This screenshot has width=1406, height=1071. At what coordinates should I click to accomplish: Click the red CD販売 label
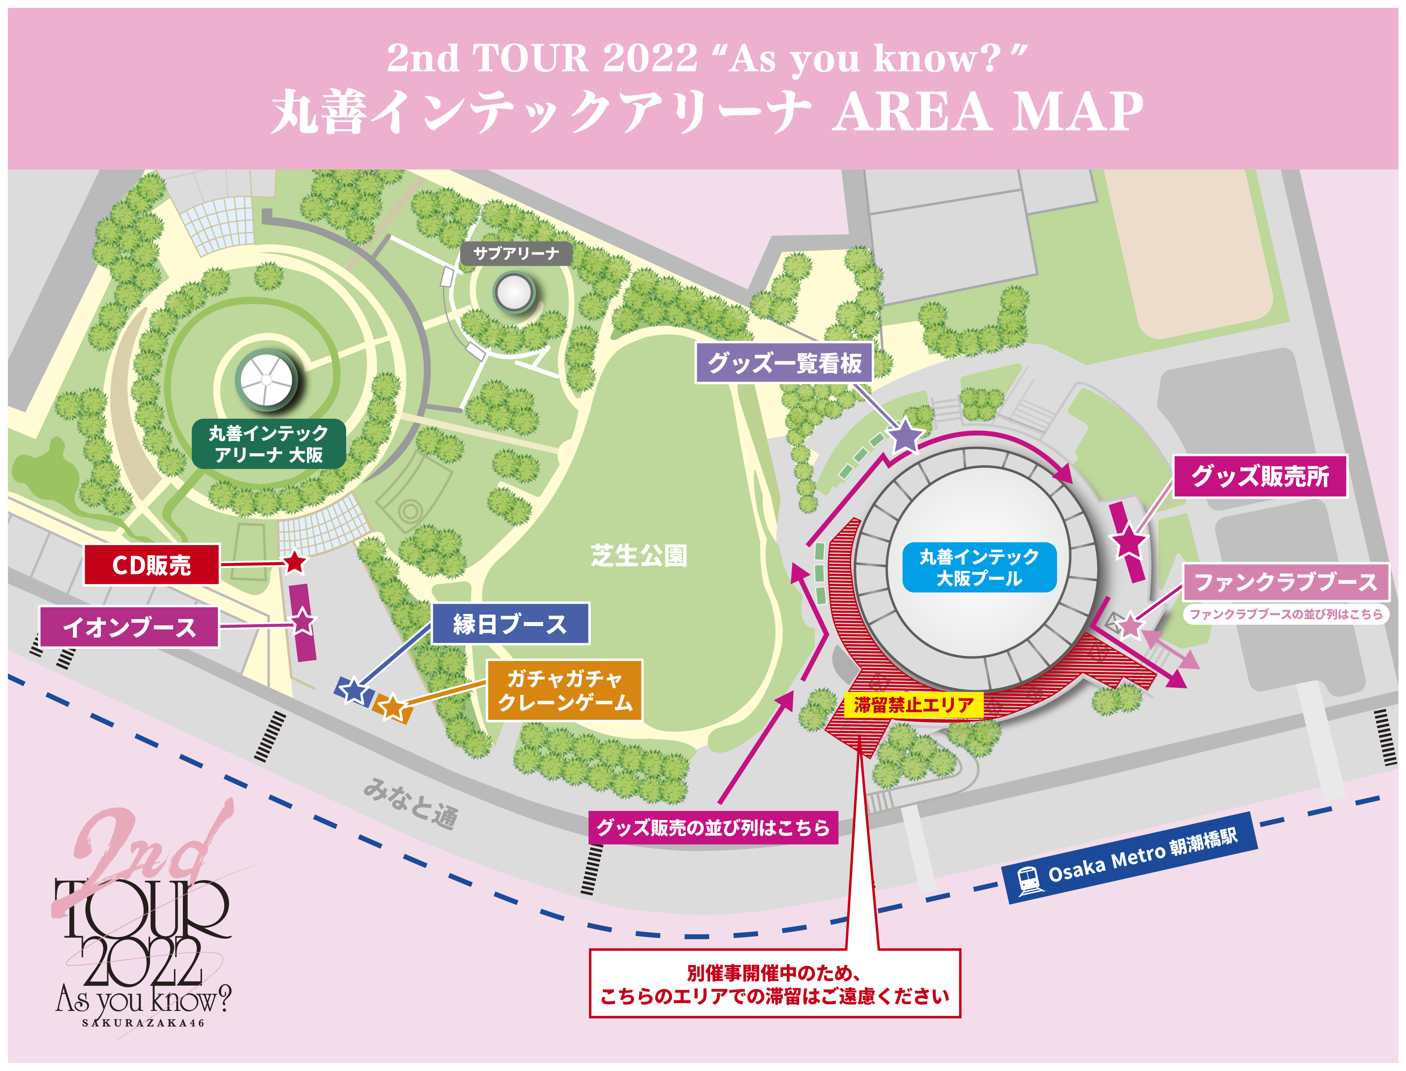(152, 565)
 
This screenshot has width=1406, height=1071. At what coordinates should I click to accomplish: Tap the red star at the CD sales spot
(295, 562)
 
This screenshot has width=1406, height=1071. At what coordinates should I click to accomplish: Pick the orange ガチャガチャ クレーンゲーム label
(564, 691)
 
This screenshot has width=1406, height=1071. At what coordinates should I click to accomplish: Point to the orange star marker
(392, 706)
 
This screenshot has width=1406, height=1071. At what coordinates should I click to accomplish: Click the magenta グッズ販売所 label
(1260, 476)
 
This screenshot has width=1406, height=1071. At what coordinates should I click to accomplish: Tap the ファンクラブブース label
(1285, 582)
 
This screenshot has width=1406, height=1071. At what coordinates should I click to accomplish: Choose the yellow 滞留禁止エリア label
(913, 705)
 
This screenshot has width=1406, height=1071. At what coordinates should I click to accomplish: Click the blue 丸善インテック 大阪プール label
(979, 567)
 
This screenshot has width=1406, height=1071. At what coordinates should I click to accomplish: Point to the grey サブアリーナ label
(516, 254)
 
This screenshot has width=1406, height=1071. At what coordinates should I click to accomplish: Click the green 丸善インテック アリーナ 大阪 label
(268, 444)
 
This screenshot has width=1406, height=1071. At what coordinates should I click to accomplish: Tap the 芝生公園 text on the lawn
(638, 556)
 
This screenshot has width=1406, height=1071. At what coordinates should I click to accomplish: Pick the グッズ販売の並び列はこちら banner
(712, 828)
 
